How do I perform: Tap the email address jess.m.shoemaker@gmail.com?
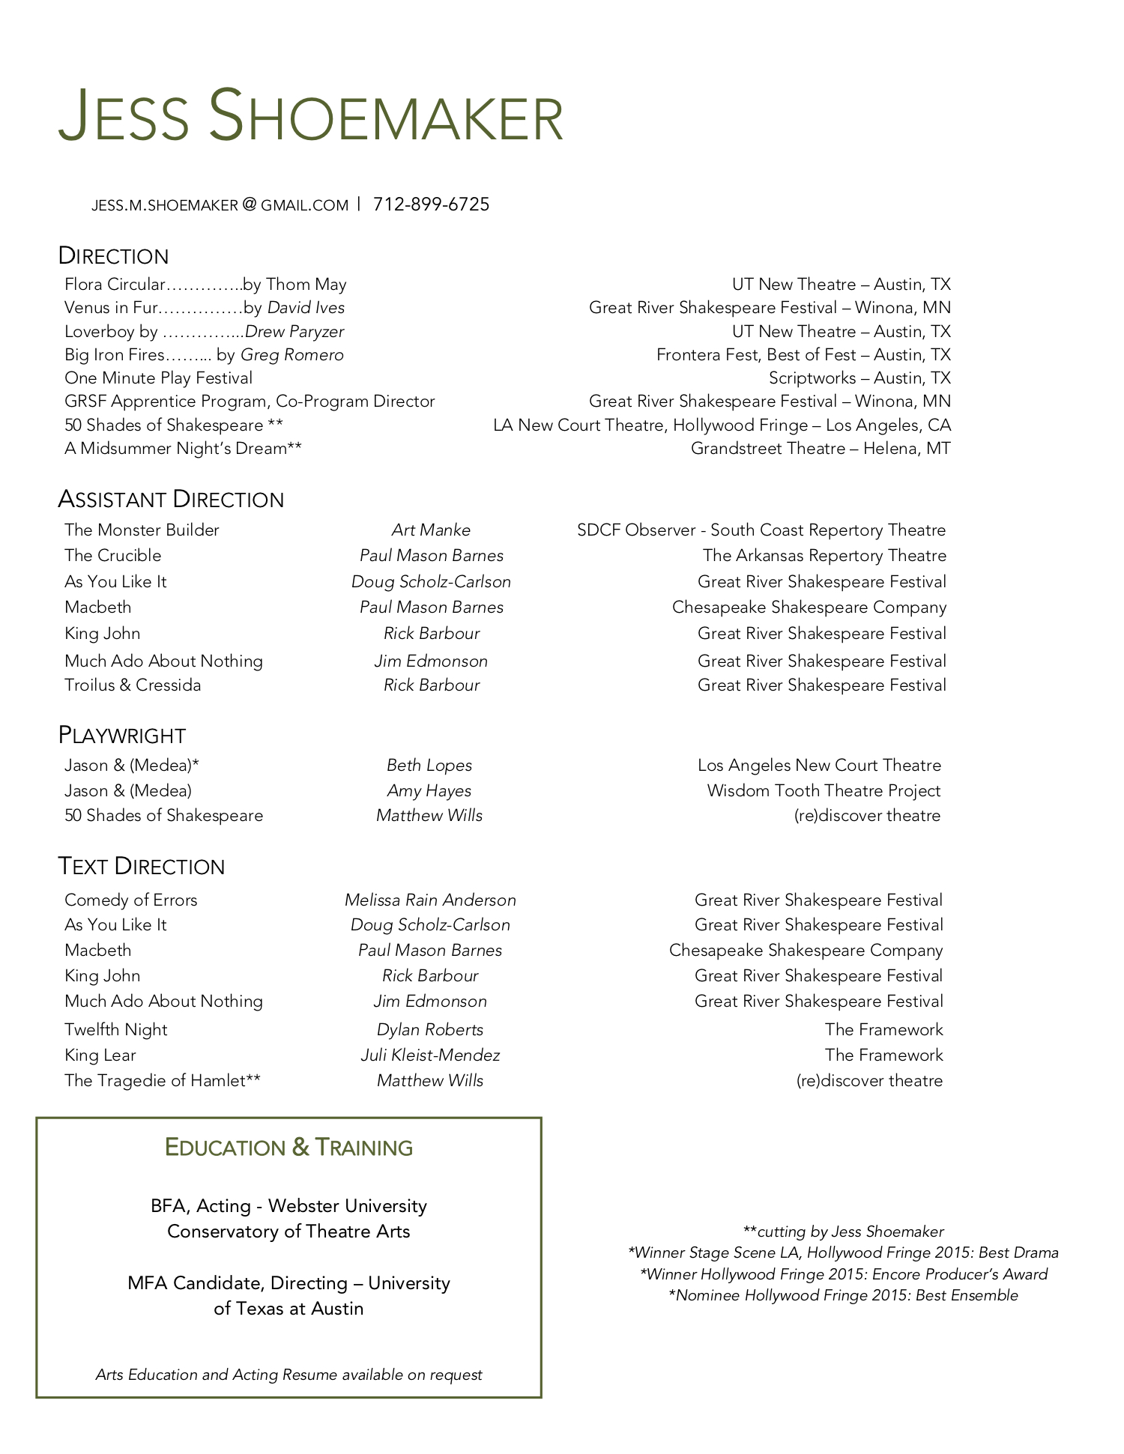(220, 205)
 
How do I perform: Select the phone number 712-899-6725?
(431, 205)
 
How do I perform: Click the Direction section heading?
(114, 256)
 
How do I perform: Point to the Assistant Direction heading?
(171, 500)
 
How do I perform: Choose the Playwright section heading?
(122, 736)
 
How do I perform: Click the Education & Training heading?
(288, 1148)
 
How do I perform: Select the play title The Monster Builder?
(142, 530)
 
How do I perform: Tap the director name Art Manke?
(431, 530)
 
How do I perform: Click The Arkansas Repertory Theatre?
(824, 556)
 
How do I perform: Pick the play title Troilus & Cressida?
(133, 685)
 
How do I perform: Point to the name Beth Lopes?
(429, 766)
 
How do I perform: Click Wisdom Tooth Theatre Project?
(824, 791)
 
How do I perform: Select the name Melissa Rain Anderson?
(430, 900)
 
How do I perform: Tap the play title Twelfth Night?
(116, 1030)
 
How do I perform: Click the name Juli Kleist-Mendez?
(430, 1055)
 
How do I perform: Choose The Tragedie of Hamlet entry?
(163, 1081)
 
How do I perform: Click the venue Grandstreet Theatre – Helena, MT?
(821, 449)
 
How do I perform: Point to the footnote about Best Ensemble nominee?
(843, 1295)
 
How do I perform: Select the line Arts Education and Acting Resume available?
(288, 1375)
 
